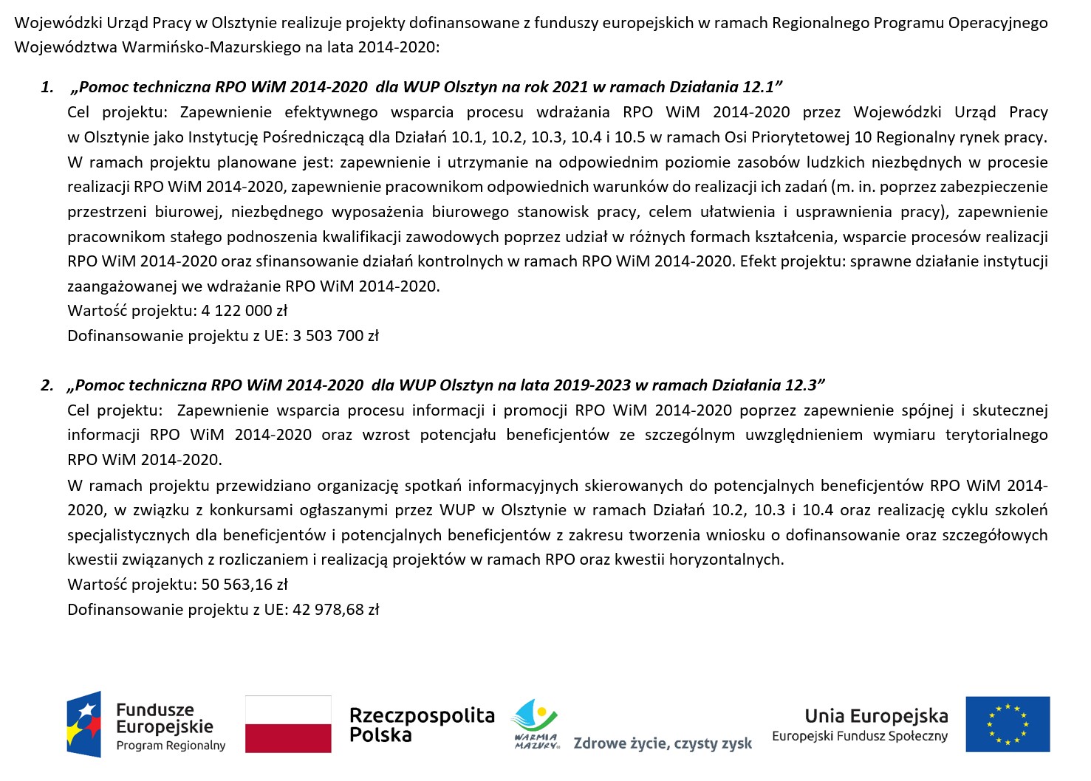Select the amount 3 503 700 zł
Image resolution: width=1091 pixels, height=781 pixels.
(x=335, y=336)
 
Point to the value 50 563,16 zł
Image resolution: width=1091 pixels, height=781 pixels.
(x=244, y=585)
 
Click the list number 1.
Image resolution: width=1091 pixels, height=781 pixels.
(x=47, y=87)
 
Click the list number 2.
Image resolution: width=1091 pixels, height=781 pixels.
(x=47, y=385)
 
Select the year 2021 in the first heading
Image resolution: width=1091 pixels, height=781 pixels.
(x=570, y=87)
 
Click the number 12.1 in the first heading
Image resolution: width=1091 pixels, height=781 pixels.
(x=758, y=87)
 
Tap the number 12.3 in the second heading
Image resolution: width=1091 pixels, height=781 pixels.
(x=801, y=385)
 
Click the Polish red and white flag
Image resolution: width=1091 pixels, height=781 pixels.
(x=288, y=724)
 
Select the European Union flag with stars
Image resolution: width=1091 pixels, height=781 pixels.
(x=1008, y=724)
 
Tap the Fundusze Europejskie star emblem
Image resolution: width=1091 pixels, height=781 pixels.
(x=84, y=724)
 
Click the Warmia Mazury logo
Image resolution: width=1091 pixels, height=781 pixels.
(x=536, y=724)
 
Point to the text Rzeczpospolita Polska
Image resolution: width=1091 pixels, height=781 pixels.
(x=421, y=725)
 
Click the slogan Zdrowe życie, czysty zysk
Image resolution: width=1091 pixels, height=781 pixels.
(x=663, y=743)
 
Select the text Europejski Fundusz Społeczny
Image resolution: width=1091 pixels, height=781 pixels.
(x=859, y=736)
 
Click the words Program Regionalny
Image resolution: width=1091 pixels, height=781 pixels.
(x=171, y=746)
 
